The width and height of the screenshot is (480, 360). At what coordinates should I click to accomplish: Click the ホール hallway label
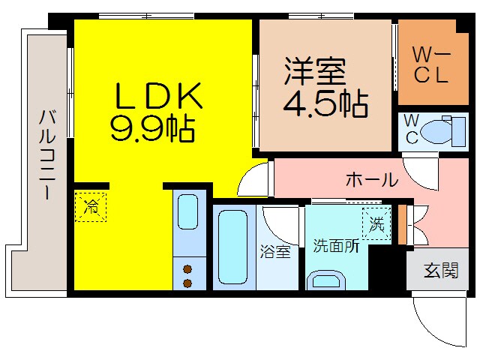coord(371,180)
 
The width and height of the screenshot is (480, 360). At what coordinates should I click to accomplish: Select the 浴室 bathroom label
coord(275,252)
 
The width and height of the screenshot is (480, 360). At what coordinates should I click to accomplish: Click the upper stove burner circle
coord(187,268)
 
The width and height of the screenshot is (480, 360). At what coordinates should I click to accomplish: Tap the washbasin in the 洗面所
coord(326,281)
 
